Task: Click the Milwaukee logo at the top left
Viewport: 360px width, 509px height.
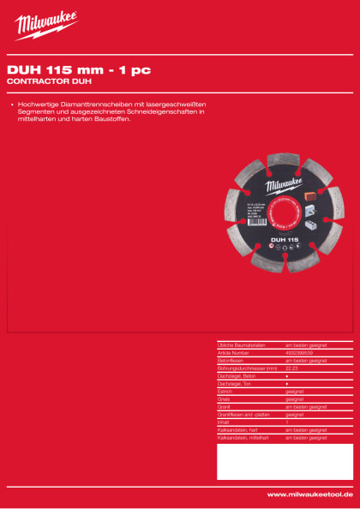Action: [46, 27]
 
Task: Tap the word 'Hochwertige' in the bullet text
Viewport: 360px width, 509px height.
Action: [35, 104]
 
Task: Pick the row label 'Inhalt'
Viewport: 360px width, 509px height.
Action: [224, 422]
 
